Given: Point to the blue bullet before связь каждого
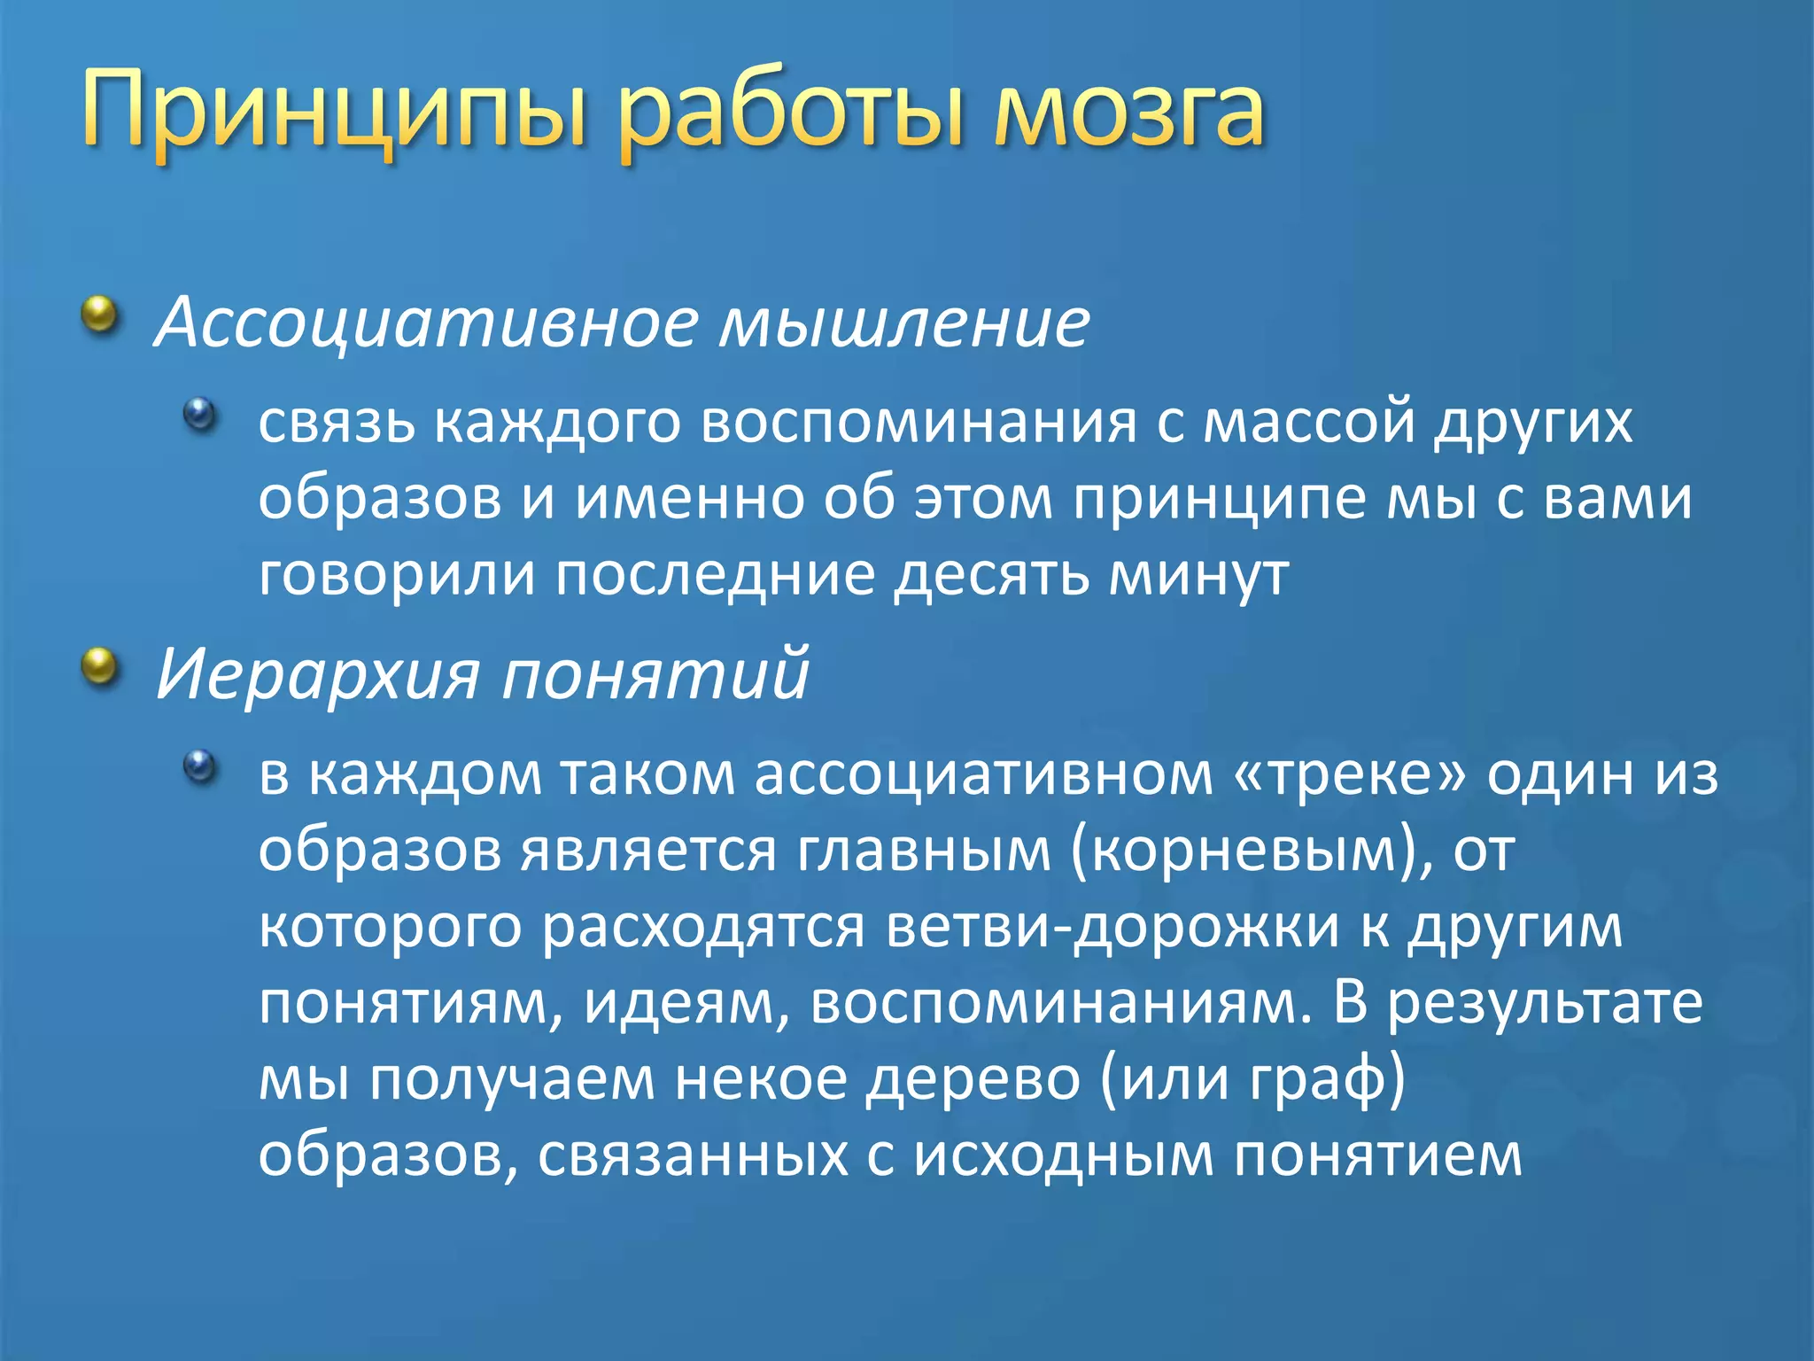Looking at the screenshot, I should click(x=200, y=414).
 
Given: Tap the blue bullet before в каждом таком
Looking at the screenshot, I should click(x=200, y=766).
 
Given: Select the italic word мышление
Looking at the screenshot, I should click(x=904, y=323).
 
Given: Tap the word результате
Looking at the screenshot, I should click(x=1545, y=1003).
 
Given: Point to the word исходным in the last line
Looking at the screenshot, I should click(x=1063, y=1155).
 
